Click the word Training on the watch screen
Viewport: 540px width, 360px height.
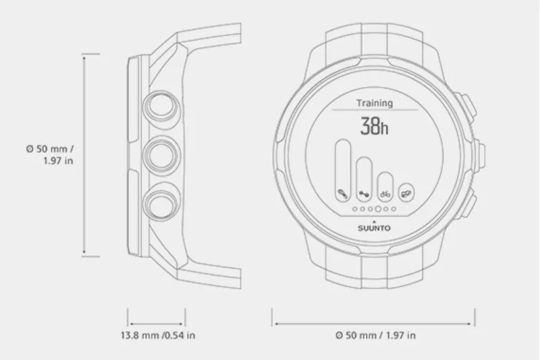point(375,103)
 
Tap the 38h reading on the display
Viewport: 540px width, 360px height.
point(375,126)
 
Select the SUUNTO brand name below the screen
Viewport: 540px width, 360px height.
point(374,228)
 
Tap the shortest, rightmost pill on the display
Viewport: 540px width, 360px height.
point(405,194)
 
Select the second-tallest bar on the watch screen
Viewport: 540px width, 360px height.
point(364,180)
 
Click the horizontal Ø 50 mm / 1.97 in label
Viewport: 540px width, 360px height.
point(375,334)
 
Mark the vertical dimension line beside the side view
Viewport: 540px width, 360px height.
point(83,155)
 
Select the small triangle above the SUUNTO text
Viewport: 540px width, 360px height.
point(374,220)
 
